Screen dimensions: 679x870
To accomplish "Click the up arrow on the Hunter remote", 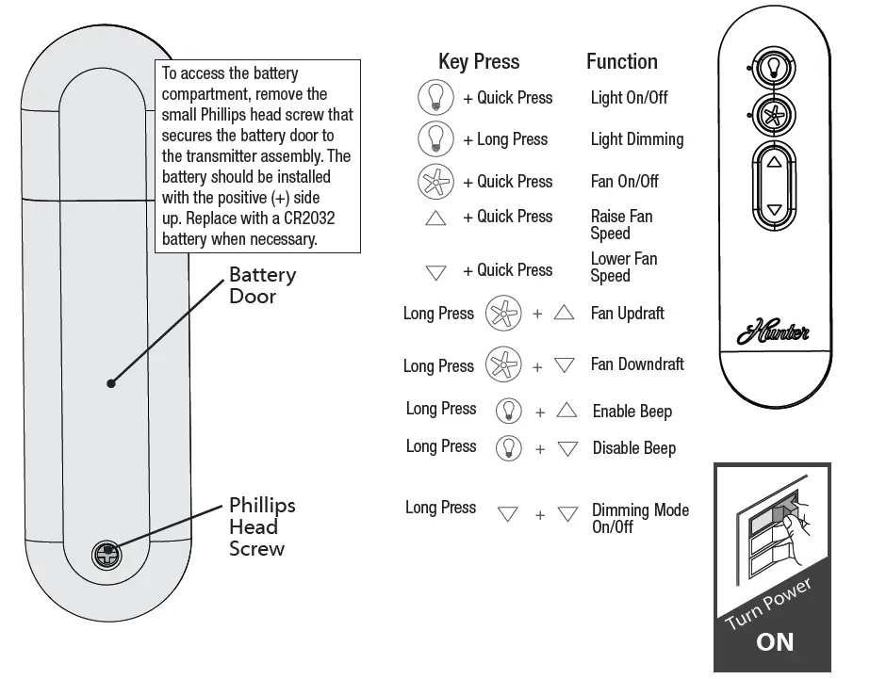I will click(x=774, y=162).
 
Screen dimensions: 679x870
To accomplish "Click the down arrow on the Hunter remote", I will click(x=774, y=210).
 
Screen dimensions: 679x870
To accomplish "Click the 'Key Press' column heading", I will click(x=479, y=62).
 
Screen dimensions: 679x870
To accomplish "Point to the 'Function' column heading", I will click(x=622, y=62).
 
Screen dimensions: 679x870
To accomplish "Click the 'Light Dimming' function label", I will click(x=637, y=139).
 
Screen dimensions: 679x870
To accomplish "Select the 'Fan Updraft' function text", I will click(x=628, y=314).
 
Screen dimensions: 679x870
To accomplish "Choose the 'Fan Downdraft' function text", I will click(x=637, y=364).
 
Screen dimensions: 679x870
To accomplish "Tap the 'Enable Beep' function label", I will click(x=632, y=412).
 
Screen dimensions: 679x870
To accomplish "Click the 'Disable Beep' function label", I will click(x=634, y=448).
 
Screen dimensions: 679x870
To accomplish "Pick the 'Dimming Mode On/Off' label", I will click(x=640, y=518).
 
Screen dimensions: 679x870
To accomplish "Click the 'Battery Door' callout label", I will click(x=262, y=285).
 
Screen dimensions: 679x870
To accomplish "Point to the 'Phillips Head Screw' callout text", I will click(x=262, y=526).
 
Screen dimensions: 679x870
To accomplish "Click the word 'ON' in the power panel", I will click(x=775, y=641).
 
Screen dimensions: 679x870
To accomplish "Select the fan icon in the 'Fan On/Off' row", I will click(x=435, y=181).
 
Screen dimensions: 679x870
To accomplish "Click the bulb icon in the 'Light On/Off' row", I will click(x=435, y=98).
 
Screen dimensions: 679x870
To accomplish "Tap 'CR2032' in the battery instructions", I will click(x=302, y=218).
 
